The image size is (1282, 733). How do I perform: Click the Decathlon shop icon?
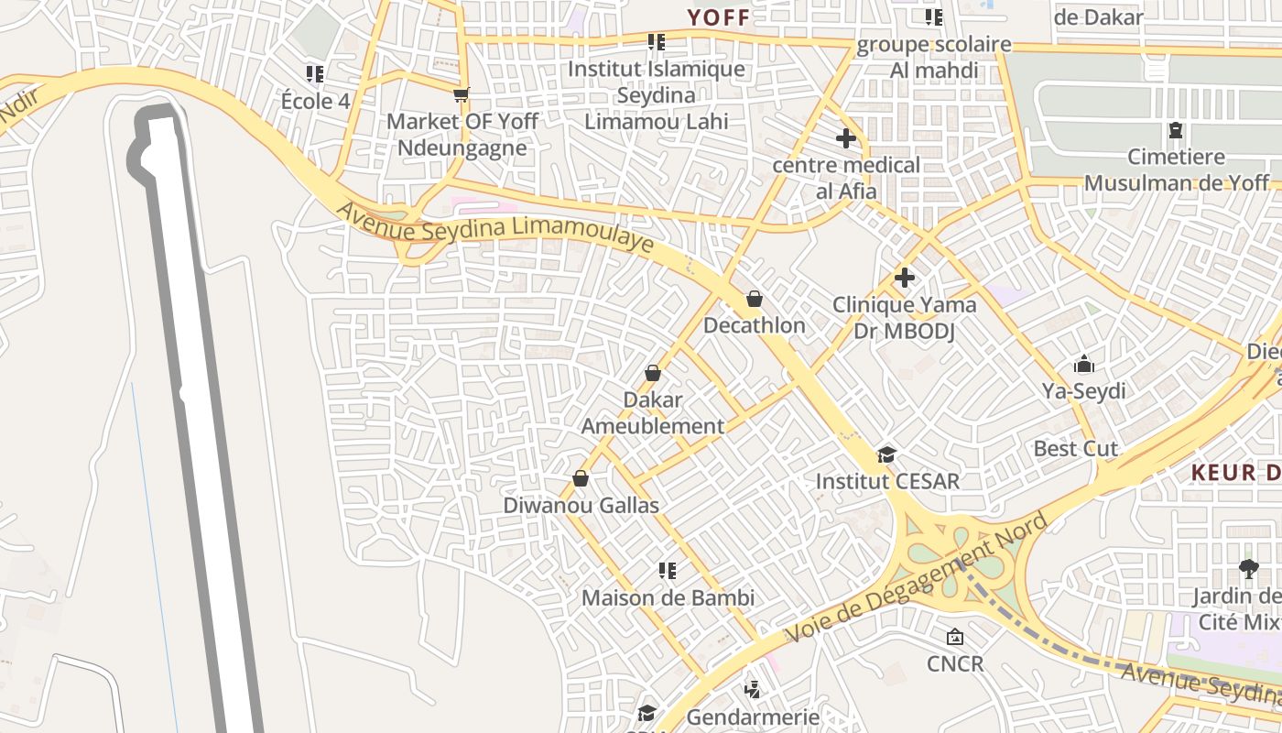pos(754,299)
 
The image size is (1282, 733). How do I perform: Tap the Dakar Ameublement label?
pos(652,413)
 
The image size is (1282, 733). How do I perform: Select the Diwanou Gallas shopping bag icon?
pos(580,478)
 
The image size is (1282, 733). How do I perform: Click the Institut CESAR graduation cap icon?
pos(885,454)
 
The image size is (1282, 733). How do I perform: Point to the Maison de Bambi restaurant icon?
pos(668,571)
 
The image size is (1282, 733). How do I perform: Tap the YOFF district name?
pos(719,17)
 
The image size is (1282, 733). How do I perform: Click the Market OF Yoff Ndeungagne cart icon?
pos(462,94)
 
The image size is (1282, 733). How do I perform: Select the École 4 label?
pos(315,101)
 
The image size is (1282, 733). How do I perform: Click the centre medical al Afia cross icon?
pos(845,138)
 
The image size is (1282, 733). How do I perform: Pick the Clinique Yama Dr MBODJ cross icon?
pos(904,278)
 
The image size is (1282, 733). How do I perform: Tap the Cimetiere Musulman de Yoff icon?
pos(1176,131)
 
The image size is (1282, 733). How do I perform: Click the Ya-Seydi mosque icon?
pos(1084,364)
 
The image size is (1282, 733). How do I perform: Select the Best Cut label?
pos(1075,449)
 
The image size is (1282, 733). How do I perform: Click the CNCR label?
pos(955,662)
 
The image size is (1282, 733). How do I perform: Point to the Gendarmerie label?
pos(752,716)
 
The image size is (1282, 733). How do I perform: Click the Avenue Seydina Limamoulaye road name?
pos(494,228)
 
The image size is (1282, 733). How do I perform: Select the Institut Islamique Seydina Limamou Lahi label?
pos(657,95)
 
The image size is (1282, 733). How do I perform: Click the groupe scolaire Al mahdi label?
pos(934,57)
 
